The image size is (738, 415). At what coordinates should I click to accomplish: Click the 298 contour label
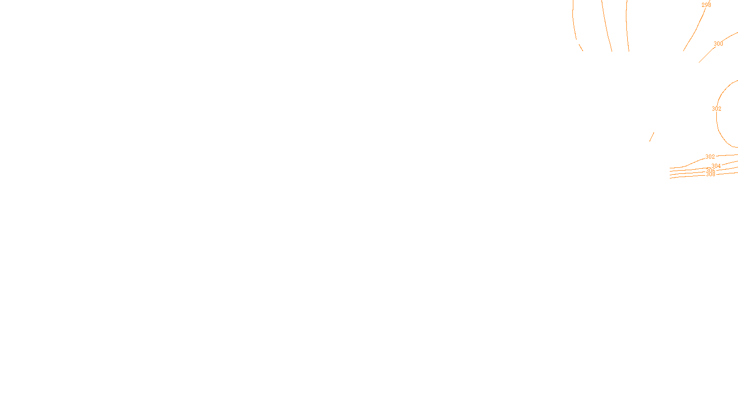(x=706, y=5)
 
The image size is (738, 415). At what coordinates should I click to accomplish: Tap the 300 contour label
(x=718, y=44)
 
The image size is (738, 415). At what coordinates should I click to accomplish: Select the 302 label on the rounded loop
(x=716, y=109)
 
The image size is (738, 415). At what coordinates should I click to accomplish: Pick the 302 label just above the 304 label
(x=710, y=157)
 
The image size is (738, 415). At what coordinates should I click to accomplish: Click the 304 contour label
(x=716, y=166)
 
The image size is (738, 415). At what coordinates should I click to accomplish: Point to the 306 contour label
(x=710, y=171)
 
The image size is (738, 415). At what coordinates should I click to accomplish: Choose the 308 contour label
(x=710, y=174)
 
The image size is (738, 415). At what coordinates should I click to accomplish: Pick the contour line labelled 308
(x=687, y=176)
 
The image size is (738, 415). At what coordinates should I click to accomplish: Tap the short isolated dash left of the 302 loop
(x=652, y=137)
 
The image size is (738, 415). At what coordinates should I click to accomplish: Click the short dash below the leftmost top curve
(x=581, y=47)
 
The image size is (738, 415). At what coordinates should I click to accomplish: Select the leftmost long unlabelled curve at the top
(x=574, y=23)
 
